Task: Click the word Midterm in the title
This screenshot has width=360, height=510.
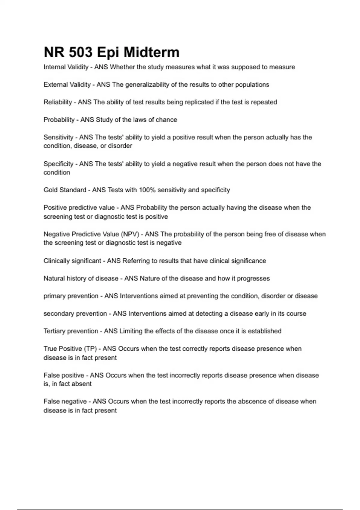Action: (151, 52)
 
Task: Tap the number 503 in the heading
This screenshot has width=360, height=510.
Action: (81, 52)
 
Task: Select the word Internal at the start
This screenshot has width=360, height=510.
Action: (55, 67)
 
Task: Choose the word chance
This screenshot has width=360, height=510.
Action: (166, 120)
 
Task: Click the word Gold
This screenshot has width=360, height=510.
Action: (50, 190)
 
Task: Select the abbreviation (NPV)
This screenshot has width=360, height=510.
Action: (130, 234)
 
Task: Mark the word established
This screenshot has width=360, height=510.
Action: (265, 331)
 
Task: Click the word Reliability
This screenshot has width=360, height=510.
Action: (58, 102)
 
